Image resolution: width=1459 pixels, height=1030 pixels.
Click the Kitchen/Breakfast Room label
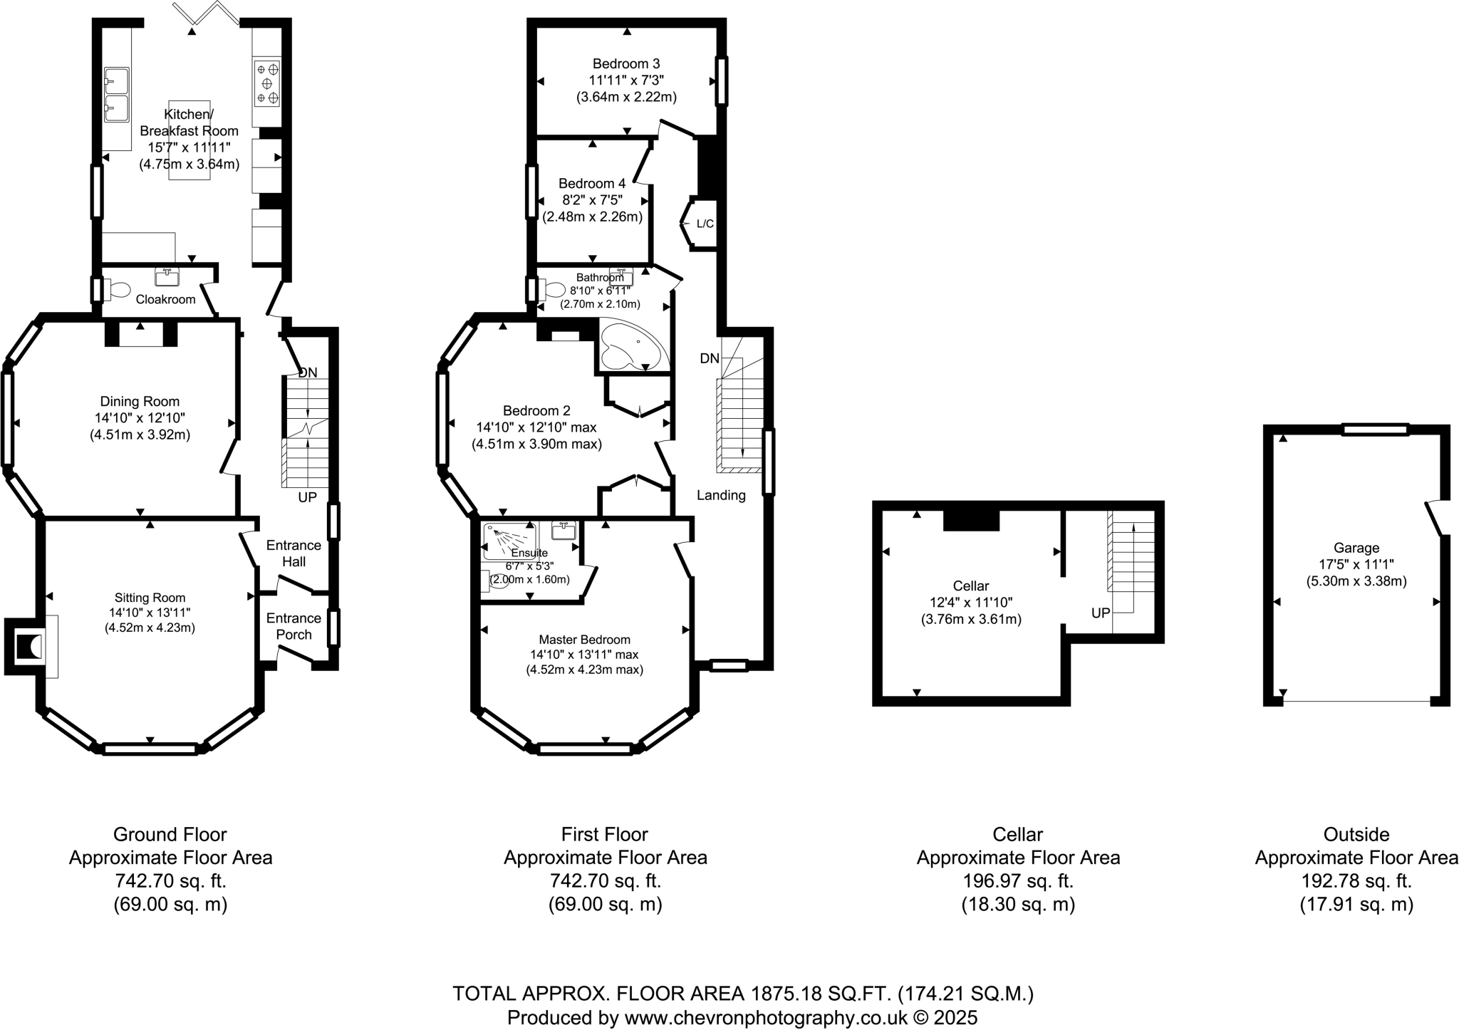point(189,123)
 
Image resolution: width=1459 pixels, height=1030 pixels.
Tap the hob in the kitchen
point(267,83)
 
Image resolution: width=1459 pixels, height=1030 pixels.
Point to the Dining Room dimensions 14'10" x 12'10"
point(140,418)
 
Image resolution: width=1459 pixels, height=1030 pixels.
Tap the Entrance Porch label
point(294,626)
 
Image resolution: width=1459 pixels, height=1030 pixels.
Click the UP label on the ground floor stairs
point(307,497)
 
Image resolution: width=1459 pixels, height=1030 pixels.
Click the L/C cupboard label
point(705,224)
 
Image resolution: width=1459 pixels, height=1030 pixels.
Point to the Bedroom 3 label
point(625,64)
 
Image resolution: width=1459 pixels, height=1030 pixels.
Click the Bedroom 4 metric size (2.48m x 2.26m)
point(592,217)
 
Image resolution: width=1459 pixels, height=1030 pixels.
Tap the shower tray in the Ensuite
point(509,541)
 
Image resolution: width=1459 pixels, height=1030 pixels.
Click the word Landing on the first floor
point(721,495)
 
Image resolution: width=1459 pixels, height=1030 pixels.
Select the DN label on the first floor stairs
point(710,358)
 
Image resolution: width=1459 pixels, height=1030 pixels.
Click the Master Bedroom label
point(584,639)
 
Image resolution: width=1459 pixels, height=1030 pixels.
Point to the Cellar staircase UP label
point(1101,613)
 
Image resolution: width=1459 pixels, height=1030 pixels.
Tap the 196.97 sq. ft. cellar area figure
point(1017,881)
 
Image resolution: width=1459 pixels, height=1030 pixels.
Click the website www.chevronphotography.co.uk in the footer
point(766,1017)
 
